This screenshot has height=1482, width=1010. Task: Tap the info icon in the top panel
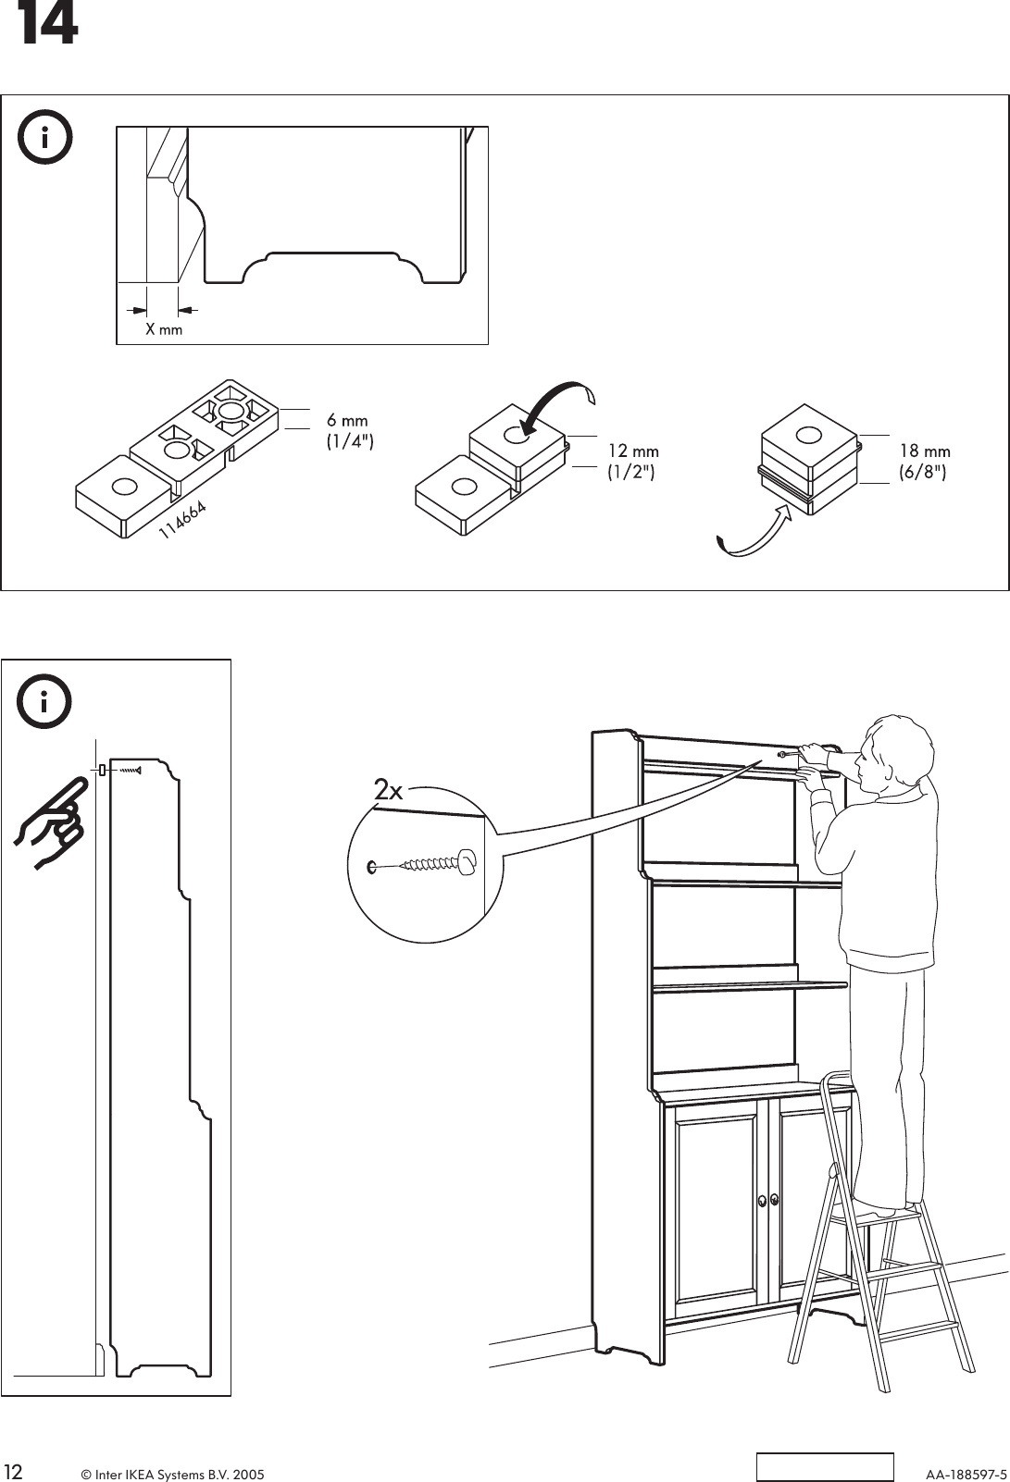[x=44, y=138]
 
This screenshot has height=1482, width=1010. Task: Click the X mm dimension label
[x=164, y=329]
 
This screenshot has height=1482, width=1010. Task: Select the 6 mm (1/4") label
[x=349, y=431]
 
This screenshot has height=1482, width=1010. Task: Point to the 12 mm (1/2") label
[x=632, y=461]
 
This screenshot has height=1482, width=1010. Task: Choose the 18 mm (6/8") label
[x=924, y=461]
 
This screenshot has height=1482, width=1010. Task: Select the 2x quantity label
[x=389, y=791]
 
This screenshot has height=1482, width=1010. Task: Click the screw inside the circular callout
[x=426, y=865]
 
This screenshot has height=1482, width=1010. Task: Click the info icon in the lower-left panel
[x=44, y=703]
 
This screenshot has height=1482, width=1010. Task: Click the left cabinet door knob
[x=762, y=1200]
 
